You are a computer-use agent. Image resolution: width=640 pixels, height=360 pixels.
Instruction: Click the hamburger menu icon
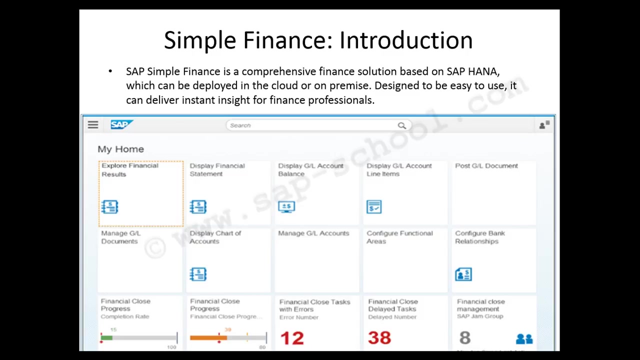pyautogui.click(x=93, y=125)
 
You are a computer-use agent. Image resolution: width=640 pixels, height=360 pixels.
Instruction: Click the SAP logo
pyautogui.click(x=121, y=124)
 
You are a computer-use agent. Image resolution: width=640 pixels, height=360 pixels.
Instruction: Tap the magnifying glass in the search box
pyautogui.click(x=402, y=125)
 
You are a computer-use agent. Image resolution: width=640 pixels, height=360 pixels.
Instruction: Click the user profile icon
pyautogui.click(x=543, y=125)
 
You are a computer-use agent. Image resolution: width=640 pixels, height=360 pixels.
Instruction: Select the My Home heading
pyautogui.click(x=120, y=149)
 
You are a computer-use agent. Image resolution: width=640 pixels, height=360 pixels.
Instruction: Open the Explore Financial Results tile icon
pyautogui.click(x=109, y=206)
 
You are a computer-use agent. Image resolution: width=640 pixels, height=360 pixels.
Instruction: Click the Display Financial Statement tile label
pyautogui.click(x=217, y=170)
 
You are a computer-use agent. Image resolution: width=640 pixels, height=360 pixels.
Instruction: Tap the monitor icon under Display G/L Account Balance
pyautogui.click(x=286, y=206)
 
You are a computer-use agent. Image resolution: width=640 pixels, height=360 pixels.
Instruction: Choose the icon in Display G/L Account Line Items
pyautogui.click(x=374, y=206)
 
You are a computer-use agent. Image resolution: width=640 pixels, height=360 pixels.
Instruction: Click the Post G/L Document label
pyautogui.click(x=486, y=166)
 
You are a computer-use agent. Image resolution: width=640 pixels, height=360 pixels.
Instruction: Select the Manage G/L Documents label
pyautogui.click(x=120, y=237)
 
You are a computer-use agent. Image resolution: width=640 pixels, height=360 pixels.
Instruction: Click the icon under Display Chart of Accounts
pyautogui.click(x=198, y=274)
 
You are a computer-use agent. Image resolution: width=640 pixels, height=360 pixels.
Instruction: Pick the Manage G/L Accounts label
pyautogui.click(x=313, y=233)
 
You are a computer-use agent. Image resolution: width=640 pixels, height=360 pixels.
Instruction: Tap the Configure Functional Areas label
pyautogui.click(x=399, y=237)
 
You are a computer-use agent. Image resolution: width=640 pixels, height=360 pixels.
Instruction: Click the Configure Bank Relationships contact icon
pyautogui.click(x=463, y=274)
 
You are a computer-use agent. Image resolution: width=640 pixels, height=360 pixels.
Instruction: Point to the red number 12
pyautogui.click(x=292, y=338)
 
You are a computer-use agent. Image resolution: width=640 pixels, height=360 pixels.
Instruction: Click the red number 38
pyautogui.click(x=379, y=338)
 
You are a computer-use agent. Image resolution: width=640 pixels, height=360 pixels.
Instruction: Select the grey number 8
pyautogui.click(x=465, y=338)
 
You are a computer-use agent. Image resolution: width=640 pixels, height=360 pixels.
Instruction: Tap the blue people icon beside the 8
pyautogui.click(x=524, y=339)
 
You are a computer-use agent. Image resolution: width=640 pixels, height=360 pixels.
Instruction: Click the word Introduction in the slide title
pyautogui.click(x=406, y=40)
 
